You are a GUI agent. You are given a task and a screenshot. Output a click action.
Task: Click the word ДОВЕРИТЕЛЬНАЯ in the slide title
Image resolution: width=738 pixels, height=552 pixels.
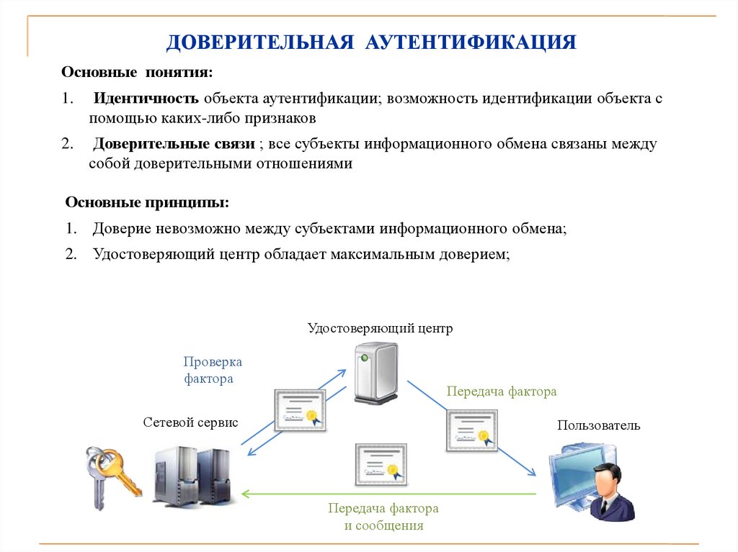pos(259,41)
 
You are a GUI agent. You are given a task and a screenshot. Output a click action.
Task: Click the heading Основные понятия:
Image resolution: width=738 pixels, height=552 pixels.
pos(137,73)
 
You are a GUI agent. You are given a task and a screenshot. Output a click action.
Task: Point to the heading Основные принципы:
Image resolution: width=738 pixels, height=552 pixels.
pos(147,203)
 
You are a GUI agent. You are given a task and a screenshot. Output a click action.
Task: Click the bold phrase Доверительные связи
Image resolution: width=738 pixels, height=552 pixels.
pos(174,143)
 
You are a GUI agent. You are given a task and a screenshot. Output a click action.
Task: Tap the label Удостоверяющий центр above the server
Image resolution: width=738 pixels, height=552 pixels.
pos(380,329)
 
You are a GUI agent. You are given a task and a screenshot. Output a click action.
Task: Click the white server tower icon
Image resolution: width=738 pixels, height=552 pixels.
pos(375,374)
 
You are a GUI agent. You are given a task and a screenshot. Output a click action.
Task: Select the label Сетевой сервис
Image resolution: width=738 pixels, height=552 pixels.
pos(190,422)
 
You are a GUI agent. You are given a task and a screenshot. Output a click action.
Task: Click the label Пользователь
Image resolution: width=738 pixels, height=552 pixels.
pos(598,425)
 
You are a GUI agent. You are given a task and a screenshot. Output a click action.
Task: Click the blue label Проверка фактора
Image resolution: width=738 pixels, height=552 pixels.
pos(212,370)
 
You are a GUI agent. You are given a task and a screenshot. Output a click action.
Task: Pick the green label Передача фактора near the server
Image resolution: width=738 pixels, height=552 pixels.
pos(502,392)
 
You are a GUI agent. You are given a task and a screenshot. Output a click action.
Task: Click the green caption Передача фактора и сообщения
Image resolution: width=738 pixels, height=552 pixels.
pos(383,517)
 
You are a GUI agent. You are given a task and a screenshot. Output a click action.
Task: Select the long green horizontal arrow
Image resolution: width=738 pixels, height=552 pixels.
pos(389,494)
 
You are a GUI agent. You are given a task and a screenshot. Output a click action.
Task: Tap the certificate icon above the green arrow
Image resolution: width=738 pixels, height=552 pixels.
pos(381,464)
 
